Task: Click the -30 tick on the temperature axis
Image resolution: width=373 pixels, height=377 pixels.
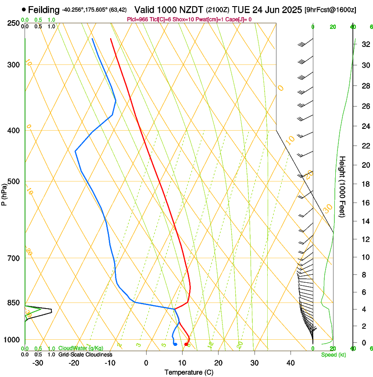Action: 38,363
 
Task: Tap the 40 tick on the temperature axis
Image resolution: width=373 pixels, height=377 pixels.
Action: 290,363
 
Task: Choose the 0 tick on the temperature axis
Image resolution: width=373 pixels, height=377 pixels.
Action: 146,363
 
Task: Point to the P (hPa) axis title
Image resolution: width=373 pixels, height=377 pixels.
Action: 4,193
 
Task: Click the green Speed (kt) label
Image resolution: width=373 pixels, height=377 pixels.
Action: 334,354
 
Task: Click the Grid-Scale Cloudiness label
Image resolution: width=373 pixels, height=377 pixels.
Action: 86,354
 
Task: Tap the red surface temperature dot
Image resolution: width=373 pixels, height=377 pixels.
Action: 186,344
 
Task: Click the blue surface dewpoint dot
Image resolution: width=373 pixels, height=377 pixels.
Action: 175,344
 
